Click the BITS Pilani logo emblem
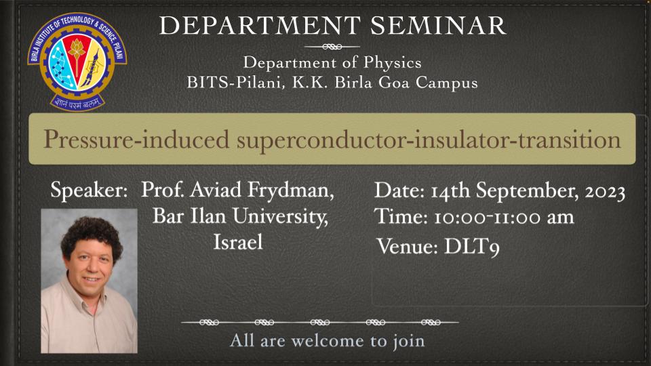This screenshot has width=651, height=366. point(77,62)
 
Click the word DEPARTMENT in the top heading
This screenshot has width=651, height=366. point(260,26)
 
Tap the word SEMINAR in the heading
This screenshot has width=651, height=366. point(438,26)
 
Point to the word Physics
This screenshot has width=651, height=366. point(393,63)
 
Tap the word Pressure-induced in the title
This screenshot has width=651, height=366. point(136,140)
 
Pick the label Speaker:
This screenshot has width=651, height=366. point(89,190)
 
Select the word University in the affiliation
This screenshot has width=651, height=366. point(280,217)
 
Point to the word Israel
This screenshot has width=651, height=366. point(238,242)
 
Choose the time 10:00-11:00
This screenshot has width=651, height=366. point(487,218)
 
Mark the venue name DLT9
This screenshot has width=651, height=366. point(472,247)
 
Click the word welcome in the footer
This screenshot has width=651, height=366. point(328,341)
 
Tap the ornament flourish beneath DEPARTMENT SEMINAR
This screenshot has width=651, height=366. point(332,47)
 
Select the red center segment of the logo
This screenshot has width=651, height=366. point(77,57)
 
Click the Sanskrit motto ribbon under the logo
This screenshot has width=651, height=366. point(77,102)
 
